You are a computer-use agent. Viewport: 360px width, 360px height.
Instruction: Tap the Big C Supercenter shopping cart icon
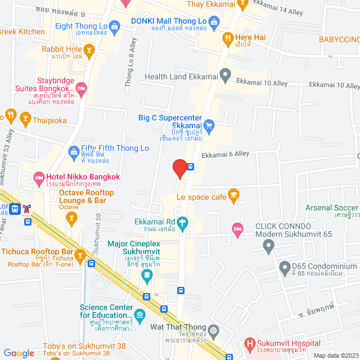(209, 124)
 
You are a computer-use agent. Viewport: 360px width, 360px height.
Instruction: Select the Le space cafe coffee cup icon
(234, 196)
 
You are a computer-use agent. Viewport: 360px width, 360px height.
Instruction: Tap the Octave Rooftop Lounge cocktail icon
(71, 218)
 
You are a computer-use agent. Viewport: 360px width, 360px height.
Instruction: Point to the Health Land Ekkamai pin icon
(225, 74)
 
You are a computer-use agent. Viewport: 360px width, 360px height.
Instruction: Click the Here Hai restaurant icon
(227, 38)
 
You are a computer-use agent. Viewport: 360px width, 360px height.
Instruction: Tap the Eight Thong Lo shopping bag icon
(115, 26)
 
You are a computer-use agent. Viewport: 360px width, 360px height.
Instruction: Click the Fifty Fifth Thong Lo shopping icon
(74, 151)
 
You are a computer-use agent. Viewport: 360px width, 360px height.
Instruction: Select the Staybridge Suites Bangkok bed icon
(82, 88)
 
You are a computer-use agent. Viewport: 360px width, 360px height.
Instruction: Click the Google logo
(19, 353)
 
